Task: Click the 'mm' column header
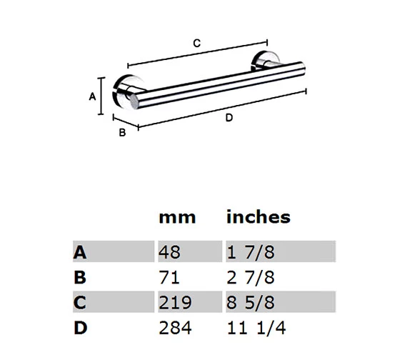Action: pyautogui.click(x=176, y=216)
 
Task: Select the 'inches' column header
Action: pyautogui.click(x=258, y=216)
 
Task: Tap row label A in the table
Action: pyautogui.click(x=80, y=251)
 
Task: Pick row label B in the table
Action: pyautogui.click(x=80, y=276)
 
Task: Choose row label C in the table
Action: pyautogui.click(x=80, y=302)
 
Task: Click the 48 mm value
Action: pyautogui.click(x=171, y=251)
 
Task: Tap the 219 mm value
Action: pyautogui.click(x=176, y=302)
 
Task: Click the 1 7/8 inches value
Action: pyautogui.click(x=251, y=251)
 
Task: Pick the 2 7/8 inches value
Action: pyautogui.click(x=251, y=276)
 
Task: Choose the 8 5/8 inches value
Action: pyautogui.click(x=251, y=302)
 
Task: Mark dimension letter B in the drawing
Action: pyautogui.click(x=122, y=132)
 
